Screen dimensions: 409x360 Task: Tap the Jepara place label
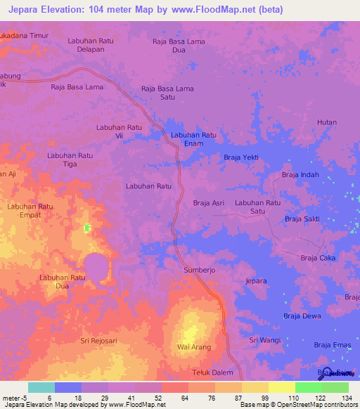coord(257,281)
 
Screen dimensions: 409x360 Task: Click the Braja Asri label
coord(209,203)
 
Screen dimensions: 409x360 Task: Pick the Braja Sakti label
coord(302,219)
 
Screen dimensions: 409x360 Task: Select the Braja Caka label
coord(318,259)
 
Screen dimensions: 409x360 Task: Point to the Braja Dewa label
coord(302,316)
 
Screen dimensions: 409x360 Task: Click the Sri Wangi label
coord(264,340)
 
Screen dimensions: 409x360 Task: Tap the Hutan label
coord(327,122)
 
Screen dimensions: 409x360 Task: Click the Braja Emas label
coord(332,344)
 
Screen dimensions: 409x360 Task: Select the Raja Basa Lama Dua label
coord(179,46)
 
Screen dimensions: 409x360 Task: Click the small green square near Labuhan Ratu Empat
coord(88,228)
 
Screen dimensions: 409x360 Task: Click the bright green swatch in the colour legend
coord(309,387)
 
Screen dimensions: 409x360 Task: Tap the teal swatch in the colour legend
coord(41,387)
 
